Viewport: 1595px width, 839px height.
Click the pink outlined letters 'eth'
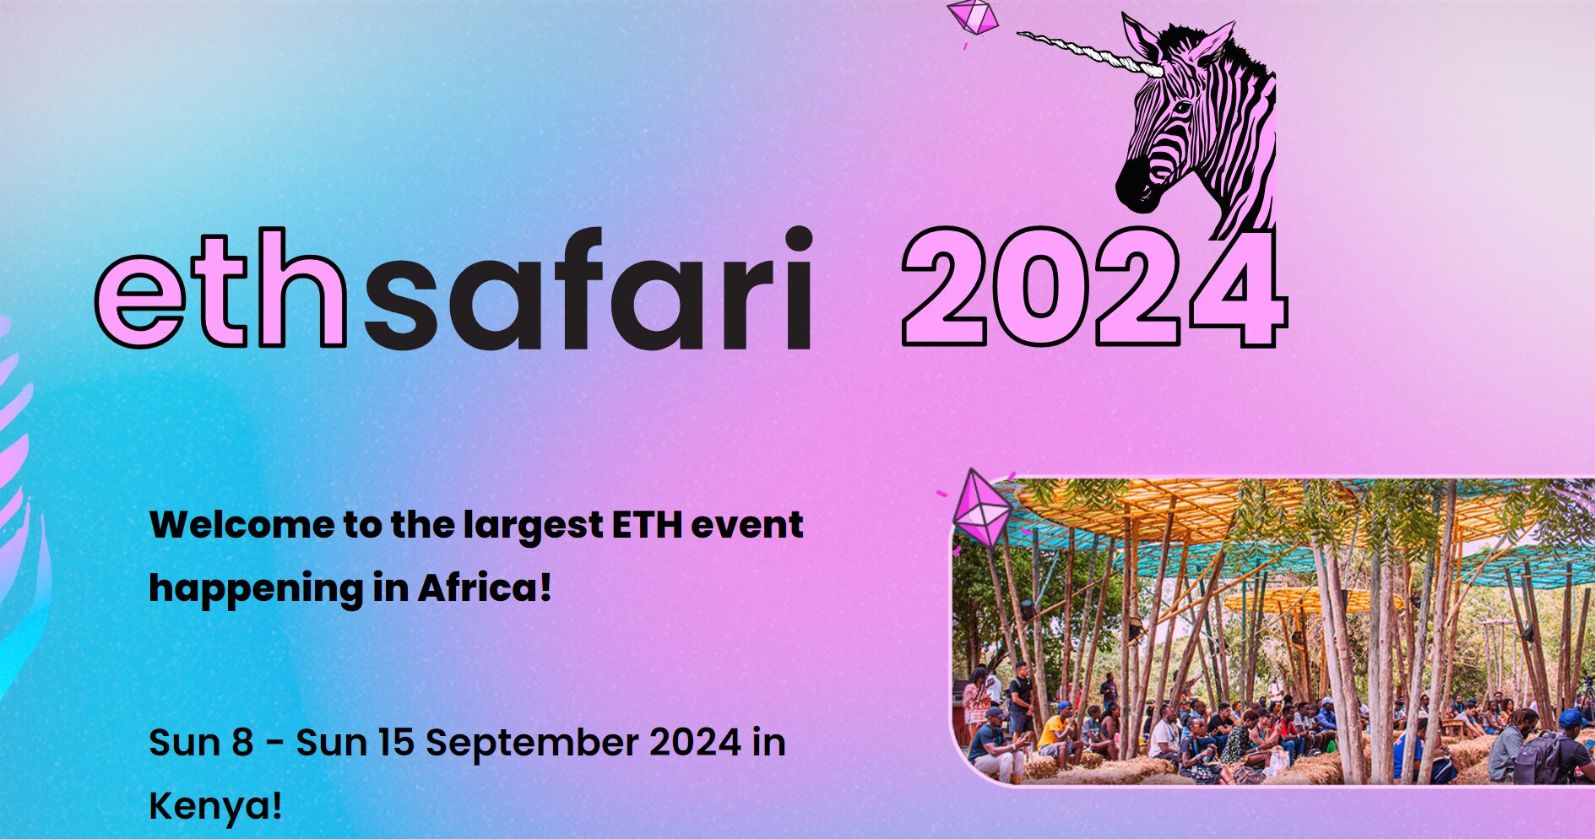pos(221,287)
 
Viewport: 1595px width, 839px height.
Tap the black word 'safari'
pos(588,287)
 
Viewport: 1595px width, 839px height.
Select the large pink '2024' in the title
pos(1094,287)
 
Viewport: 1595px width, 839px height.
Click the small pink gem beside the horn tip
pos(974,17)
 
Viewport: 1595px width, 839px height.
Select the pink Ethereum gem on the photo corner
pos(981,508)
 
